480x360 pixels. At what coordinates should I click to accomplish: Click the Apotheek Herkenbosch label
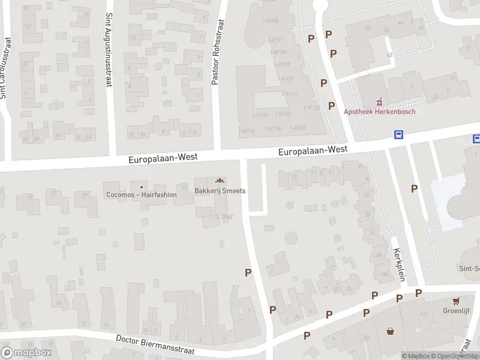click(x=379, y=111)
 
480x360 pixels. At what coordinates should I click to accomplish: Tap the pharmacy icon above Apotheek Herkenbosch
click(x=379, y=102)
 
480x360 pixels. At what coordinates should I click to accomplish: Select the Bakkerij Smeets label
click(x=220, y=191)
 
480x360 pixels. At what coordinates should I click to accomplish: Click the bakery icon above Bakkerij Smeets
click(x=220, y=181)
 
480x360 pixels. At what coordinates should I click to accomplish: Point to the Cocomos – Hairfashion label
click(x=141, y=194)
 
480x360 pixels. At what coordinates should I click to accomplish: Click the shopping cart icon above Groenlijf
click(x=457, y=301)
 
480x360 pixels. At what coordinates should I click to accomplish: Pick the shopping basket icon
click(x=391, y=330)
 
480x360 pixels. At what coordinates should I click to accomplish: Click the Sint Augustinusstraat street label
click(x=109, y=51)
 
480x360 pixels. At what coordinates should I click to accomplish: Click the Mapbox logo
click(x=26, y=352)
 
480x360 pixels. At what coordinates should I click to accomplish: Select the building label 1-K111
click(x=289, y=94)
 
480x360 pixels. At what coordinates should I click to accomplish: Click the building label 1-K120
click(x=298, y=128)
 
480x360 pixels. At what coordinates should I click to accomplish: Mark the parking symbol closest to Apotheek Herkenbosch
click(x=331, y=106)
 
